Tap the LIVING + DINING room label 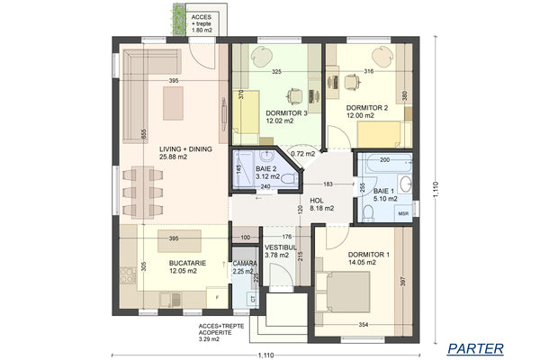pos(185,153)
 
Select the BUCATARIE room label pos(188,267)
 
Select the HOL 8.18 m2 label pos(321,204)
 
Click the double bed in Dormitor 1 pos(347,293)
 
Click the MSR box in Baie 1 pos(402,214)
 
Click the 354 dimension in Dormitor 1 pos(363,323)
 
